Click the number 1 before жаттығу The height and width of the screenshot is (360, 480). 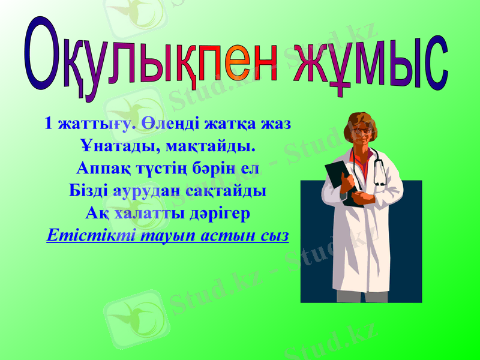[x=47, y=124]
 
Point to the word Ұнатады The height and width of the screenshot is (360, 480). [x=111, y=146]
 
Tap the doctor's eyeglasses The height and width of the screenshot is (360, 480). [x=362, y=130]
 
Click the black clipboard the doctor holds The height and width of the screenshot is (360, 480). [x=340, y=180]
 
